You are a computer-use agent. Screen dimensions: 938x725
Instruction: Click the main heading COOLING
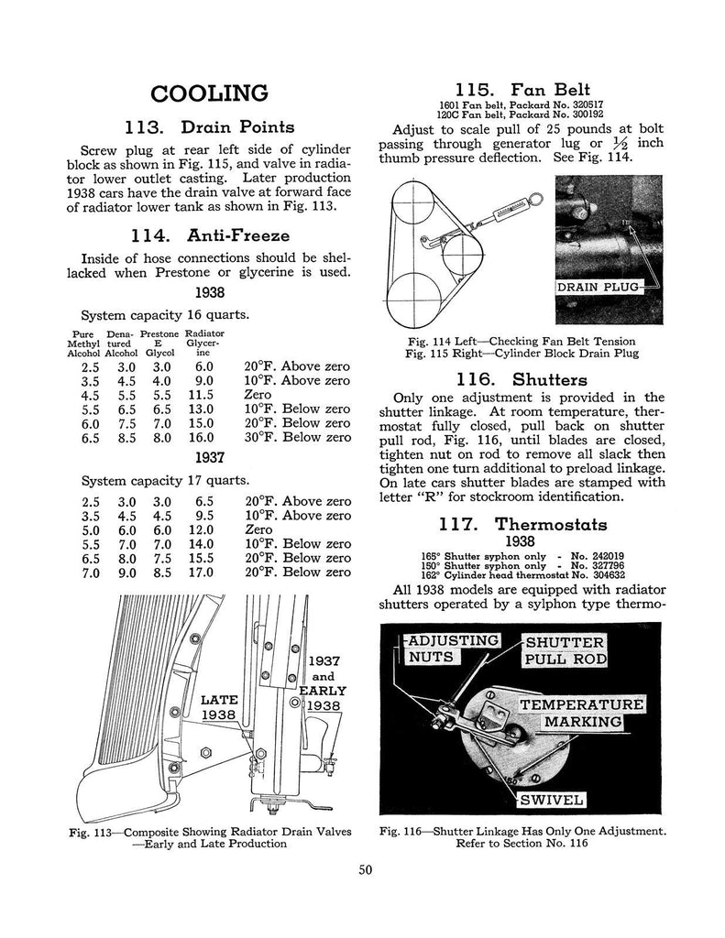click(x=209, y=93)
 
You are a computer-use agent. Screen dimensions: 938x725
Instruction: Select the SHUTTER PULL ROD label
click(x=564, y=649)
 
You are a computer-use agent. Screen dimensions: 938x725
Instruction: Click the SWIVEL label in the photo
click(x=552, y=800)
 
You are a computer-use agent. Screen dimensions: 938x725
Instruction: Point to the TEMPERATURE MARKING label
click(x=582, y=714)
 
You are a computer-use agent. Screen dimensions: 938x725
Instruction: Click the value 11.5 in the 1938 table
click(x=200, y=394)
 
